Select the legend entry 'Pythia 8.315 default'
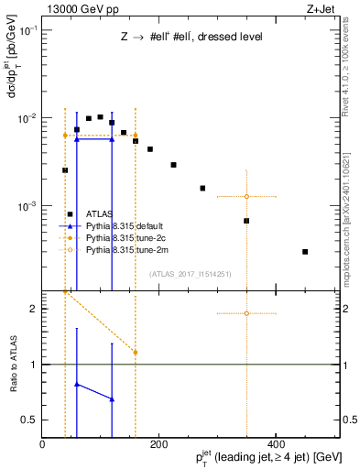pos(123,225)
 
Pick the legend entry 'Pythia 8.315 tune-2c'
pos(124,237)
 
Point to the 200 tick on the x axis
pos(158,434)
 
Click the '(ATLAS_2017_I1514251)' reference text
pos(191,274)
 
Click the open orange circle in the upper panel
pos(246,197)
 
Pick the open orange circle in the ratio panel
pos(246,313)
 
